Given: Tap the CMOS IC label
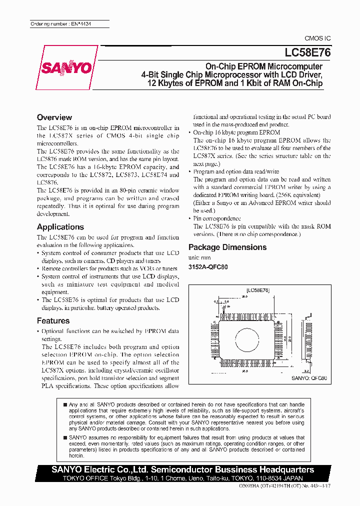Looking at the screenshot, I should click(317, 38).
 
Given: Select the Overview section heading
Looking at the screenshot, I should click(54, 117).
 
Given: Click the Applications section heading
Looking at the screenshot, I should click(60, 227).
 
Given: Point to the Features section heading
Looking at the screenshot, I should click(53, 321).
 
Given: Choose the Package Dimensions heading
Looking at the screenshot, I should click(227, 247).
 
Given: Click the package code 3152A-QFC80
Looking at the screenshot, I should click(207, 267).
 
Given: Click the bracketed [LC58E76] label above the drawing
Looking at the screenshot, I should click(258, 290).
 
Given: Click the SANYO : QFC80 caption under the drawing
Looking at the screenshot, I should click(308, 379).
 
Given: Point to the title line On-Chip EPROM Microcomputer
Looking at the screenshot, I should click(264, 66).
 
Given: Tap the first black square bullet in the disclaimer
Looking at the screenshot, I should click(65, 404).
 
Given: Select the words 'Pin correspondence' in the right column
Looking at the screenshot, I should click(217, 218).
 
